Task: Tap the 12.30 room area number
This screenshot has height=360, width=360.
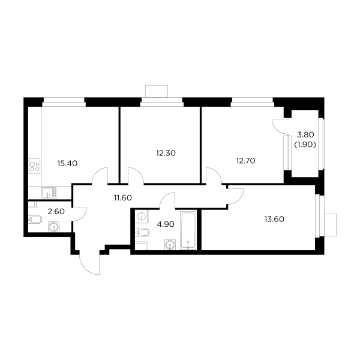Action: (164, 153)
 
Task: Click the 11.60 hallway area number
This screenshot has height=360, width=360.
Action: (122, 196)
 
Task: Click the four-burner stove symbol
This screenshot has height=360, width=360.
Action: (35, 164)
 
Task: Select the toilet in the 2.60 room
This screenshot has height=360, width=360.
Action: (34, 221)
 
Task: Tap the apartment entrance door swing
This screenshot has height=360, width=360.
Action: (84, 262)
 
